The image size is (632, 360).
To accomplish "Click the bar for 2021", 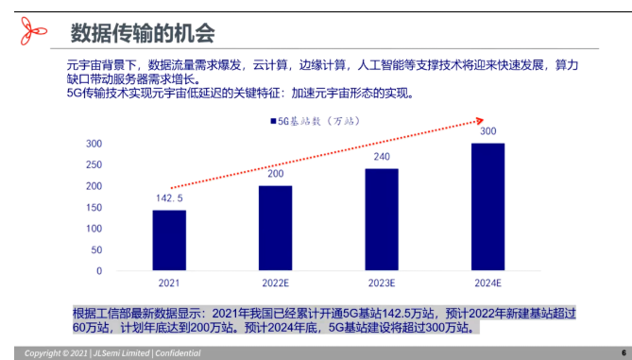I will [169, 240].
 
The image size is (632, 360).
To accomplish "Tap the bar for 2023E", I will [381, 219].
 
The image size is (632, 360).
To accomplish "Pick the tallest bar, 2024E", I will [487, 207].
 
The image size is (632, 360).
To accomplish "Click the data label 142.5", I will [170, 198].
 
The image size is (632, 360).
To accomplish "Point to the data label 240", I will [381, 157].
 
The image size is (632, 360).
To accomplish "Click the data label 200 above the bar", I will [275, 174].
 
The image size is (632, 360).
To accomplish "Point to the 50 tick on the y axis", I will [95, 249].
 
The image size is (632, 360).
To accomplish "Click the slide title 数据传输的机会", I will [143, 34].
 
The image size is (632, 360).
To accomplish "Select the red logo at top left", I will [32, 32].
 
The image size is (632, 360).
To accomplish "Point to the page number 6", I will [623, 351].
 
